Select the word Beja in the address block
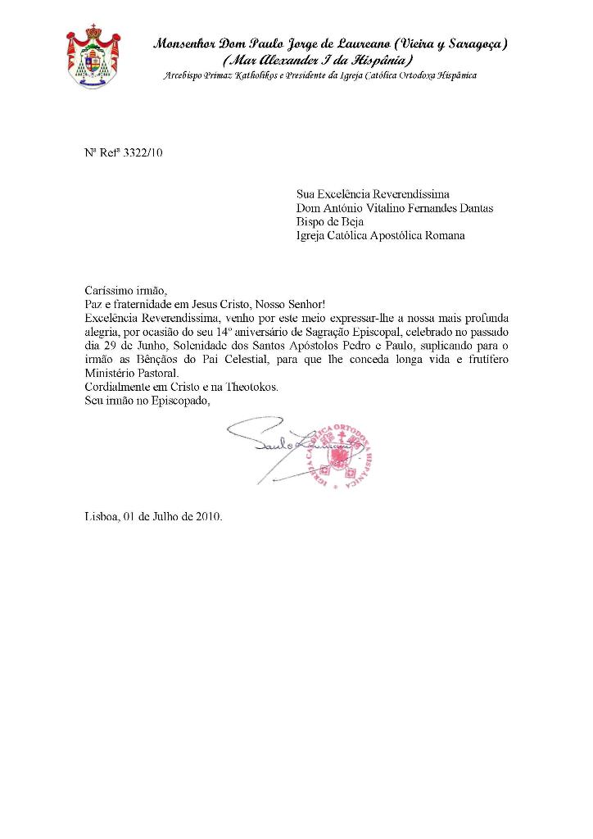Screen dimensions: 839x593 point(351,222)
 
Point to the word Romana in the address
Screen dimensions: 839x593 point(443,236)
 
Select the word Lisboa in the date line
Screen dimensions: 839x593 point(102,517)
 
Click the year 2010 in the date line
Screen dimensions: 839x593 point(208,517)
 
